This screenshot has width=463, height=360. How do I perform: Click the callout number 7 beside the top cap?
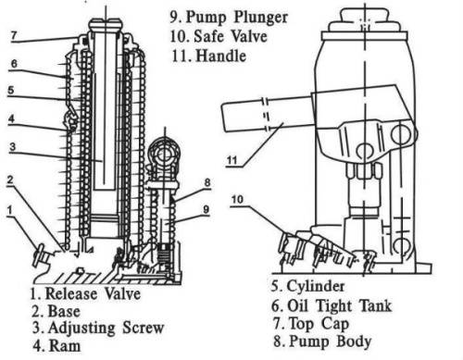13,35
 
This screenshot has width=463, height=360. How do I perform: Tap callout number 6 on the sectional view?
14,64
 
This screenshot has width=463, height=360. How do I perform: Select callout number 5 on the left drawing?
11,90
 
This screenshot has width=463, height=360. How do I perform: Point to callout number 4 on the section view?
11,118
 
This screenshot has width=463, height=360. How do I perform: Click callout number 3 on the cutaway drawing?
12,146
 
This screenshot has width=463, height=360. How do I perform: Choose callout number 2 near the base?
10,180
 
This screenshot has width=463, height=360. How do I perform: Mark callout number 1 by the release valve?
10,210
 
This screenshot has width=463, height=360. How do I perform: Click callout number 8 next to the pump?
207,182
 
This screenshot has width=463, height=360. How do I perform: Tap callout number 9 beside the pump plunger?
206,209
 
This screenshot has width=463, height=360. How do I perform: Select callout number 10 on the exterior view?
237,200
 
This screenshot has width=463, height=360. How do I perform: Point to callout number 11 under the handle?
231,160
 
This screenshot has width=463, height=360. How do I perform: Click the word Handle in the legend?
221,56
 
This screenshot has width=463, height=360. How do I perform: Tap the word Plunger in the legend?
261,18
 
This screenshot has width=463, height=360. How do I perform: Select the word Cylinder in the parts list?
316,286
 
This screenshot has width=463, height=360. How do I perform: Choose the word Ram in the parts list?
65,346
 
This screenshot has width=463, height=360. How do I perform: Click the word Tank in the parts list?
376,305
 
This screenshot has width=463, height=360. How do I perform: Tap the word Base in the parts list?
64,311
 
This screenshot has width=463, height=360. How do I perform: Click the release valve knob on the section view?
39,255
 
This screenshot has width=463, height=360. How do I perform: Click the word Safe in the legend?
208,36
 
